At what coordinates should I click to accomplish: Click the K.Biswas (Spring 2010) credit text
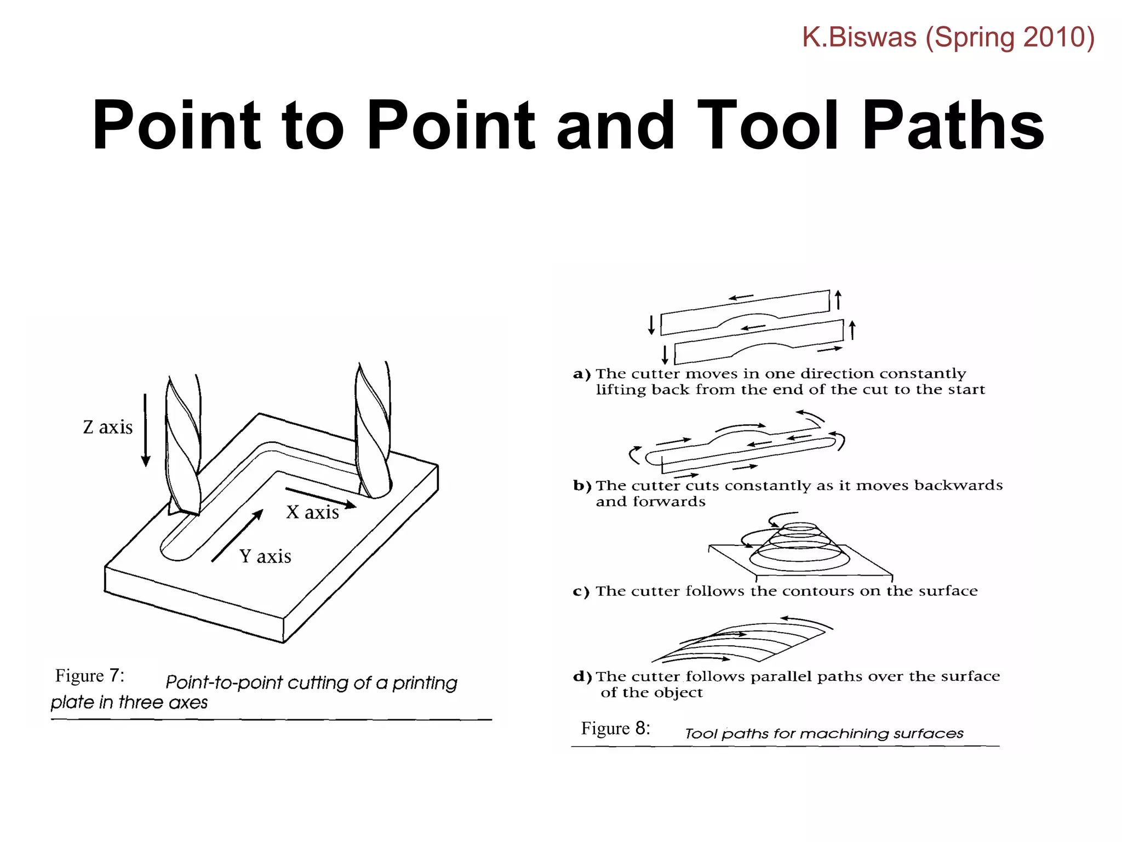[x=948, y=37]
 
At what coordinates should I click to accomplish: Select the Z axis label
[x=108, y=427]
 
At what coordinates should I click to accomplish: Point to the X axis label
[x=312, y=512]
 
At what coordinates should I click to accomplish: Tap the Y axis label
[x=265, y=556]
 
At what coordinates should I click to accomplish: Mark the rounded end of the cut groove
[x=175, y=551]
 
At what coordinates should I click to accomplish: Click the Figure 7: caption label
[x=90, y=676]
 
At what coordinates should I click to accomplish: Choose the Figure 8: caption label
[x=615, y=728]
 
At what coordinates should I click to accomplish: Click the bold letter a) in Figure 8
[x=581, y=374]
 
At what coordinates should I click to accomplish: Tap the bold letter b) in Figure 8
[x=582, y=486]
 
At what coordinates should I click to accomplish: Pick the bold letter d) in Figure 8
[x=582, y=676]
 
